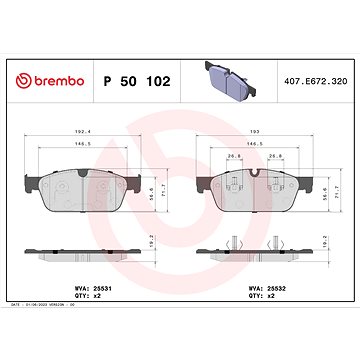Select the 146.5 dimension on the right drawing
254,144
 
